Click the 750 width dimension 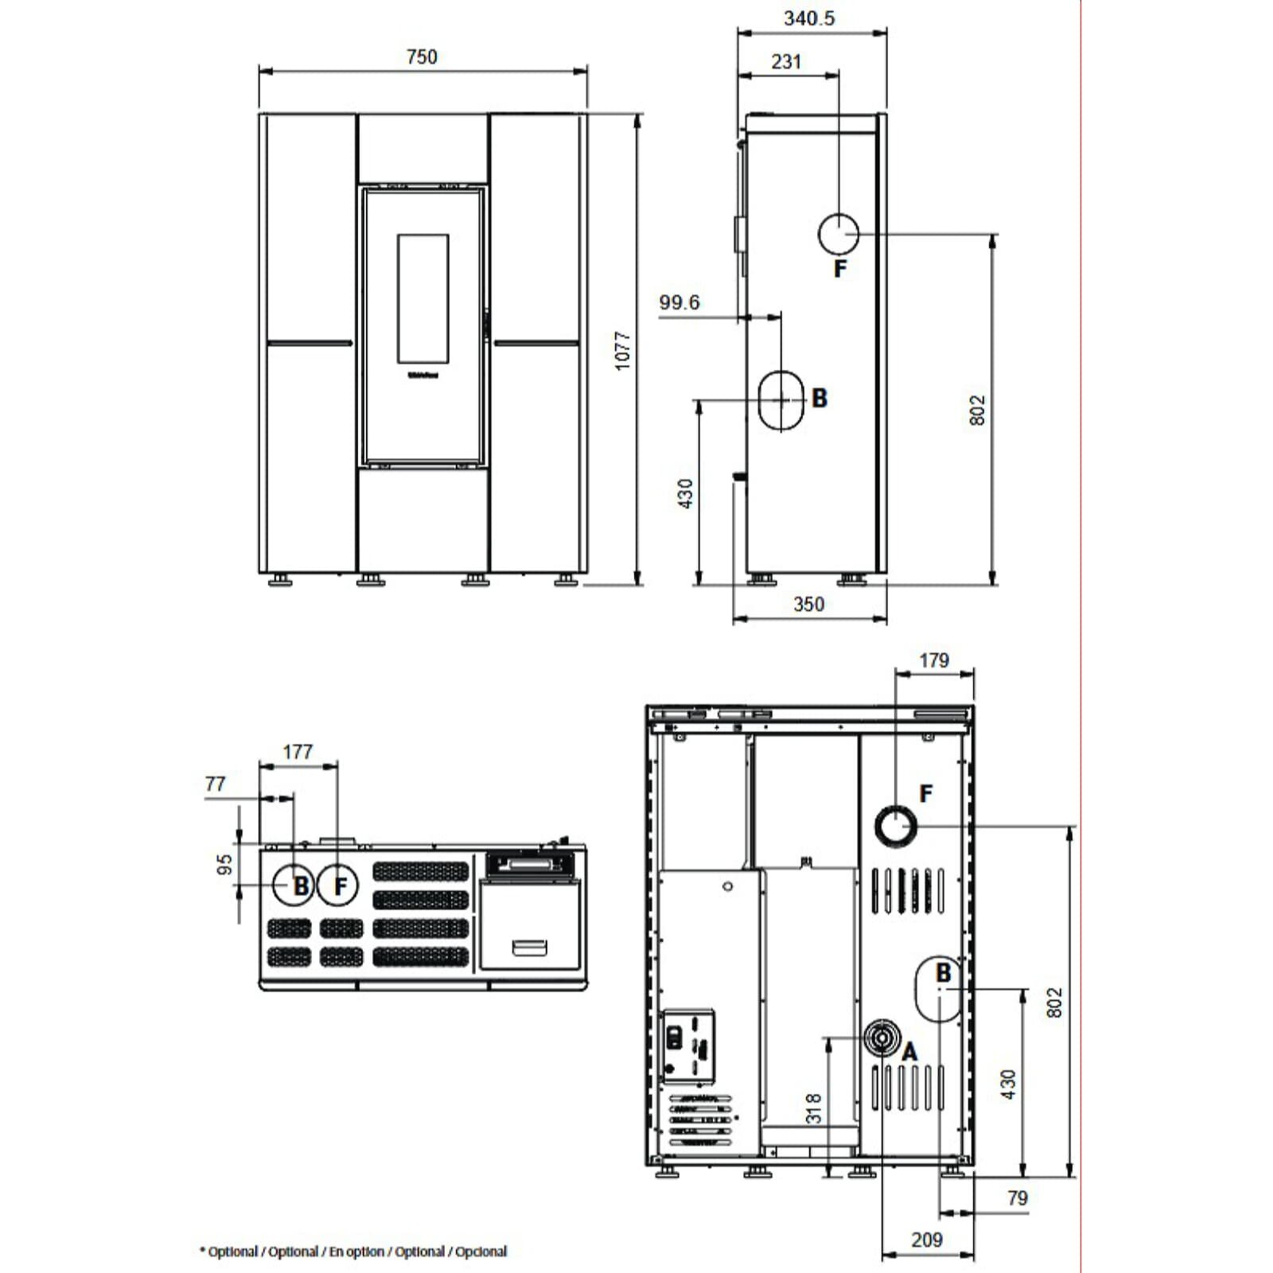click(422, 57)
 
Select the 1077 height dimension click(622, 350)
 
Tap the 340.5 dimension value click(809, 18)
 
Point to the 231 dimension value click(786, 62)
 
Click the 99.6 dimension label click(679, 302)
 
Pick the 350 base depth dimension click(808, 604)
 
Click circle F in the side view click(838, 233)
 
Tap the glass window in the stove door click(422, 298)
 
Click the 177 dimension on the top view click(298, 751)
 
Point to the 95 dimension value click(225, 864)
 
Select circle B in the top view click(293, 886)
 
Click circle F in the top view click(338, 886)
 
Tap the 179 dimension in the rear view click(933, 660)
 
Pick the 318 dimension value click(813, 1108)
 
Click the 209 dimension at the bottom click(926, 1240)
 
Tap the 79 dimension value click(1017, 1198)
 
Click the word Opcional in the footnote click(481, 1252)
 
